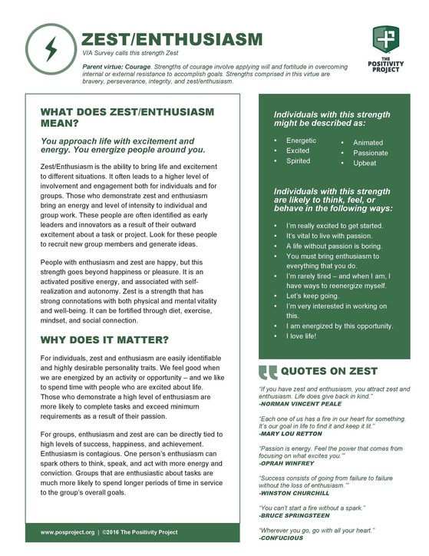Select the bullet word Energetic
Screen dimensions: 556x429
coord(301,141)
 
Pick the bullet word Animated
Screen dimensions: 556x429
coord(368,143)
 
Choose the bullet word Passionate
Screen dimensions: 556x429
coord(371,153)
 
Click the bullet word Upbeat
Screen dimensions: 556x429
coord(365,164)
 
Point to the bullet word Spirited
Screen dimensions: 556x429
coord(298,161)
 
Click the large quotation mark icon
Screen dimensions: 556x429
coord(268,372)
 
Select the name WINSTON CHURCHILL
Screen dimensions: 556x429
coord(295,494)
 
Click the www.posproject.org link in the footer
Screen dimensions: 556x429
coord(68,531)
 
